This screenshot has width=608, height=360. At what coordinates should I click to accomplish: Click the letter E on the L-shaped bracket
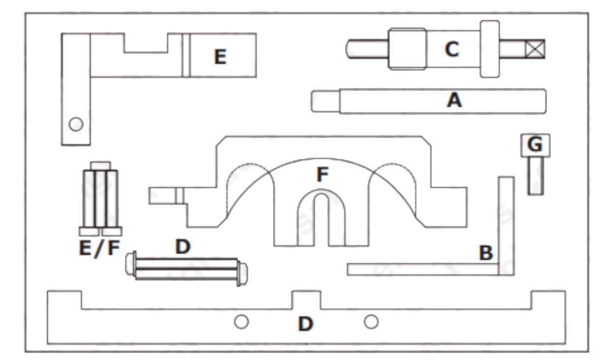(x=220, y=57)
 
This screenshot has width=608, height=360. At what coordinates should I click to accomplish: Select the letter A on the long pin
(x=454, y=101)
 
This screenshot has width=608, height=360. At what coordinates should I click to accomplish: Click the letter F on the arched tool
(x=322, y=175)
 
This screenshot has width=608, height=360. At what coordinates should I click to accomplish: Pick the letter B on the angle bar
(x=486, y=253)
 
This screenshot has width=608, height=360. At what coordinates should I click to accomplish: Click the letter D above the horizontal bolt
(x=182, y=247)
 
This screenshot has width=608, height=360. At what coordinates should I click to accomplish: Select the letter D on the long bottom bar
(x=305, y=324)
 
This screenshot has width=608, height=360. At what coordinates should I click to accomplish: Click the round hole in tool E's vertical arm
(x=75, y=124)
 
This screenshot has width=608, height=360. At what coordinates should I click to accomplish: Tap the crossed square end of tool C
(x=534, y=49)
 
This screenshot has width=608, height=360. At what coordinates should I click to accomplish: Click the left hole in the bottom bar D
(x=241, y=322)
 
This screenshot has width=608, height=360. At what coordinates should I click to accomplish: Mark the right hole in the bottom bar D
(x=371, y=322)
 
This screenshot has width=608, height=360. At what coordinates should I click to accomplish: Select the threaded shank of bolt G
(x=535, y=176)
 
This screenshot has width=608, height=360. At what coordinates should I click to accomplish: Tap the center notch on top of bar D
(x=306, y=300)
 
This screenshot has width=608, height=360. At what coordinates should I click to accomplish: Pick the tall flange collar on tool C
(x=489, y=49)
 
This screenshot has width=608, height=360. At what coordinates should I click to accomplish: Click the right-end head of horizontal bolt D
(x=242, y=274)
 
